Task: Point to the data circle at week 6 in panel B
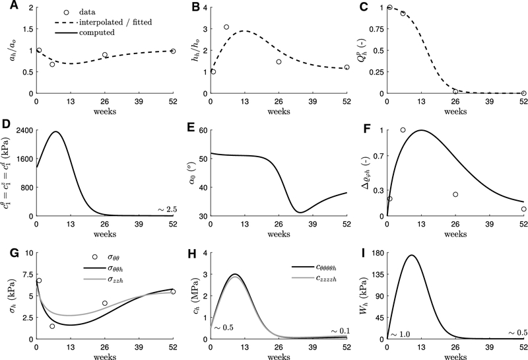coord(226,27)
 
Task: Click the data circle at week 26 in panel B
coord(279,61)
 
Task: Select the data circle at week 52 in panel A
coord(173,51)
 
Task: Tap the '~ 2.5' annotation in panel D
coord(166,209)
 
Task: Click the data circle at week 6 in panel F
coord(403,130)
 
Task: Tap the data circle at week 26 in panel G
coord(104,303)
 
